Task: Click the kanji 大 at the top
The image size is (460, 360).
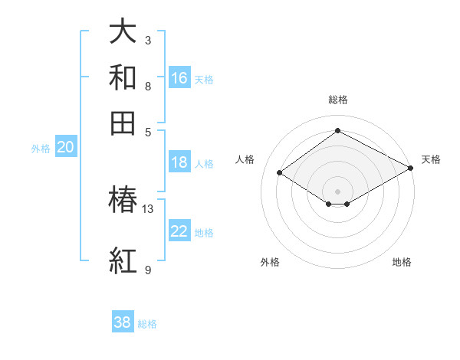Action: (123, 33)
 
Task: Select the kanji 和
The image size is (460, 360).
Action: (123, 77)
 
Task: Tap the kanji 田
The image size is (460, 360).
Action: (123, 123)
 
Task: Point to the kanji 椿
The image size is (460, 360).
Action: (123, 201)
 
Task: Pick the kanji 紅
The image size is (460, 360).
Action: (123, 261)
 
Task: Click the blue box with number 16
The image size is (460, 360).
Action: (179, 78)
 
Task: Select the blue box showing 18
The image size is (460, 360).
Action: (179, 162)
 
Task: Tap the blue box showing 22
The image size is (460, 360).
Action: (179, 232)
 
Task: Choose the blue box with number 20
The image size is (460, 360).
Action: (65, 148)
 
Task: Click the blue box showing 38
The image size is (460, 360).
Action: (123, 322)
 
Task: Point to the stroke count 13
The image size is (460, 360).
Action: (148, 208)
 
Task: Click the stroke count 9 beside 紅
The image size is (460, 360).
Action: (148, 270)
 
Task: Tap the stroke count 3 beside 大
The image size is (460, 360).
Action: (148, 40)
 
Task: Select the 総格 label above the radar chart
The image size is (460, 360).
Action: (337, 100)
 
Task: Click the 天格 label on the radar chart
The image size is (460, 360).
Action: (431, 159)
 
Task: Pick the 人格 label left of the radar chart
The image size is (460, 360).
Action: (245, 159)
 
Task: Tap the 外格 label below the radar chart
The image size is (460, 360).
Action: (270, 262)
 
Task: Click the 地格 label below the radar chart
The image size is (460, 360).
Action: (402, 262)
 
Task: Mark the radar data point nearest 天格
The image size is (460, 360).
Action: (411, 169)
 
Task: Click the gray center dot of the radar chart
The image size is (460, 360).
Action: (337, 191)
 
